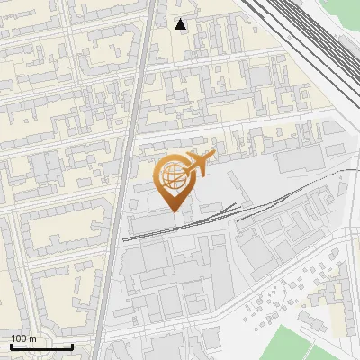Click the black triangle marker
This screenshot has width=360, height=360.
(181, 24)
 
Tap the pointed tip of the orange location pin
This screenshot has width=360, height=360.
(174, 211)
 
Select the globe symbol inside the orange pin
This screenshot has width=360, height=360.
(173, 176)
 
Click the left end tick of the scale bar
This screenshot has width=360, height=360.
(11, 346)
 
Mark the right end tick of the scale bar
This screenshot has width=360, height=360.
(72, 346)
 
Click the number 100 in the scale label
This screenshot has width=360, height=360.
(19, 338)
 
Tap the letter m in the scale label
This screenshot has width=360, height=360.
(32, 338)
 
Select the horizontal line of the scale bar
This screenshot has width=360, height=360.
(41, 347)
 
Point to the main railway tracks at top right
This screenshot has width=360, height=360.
(306, 36)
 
